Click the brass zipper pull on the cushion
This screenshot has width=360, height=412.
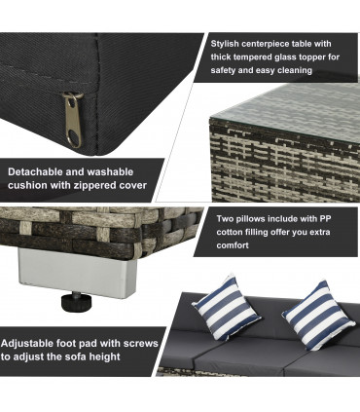[x=72, y=120]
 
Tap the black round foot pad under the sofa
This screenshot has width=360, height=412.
[x=77, y=301]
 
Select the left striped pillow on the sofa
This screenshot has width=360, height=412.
[x=227, y=308]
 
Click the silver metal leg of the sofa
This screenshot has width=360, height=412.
[x=77, y=273]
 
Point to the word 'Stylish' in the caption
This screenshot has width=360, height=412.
[x=225, y=44]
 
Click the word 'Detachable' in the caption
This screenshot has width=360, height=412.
[x=35, y=171]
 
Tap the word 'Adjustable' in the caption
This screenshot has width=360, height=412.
[x=27, y=343]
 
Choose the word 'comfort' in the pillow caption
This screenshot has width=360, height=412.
[x=233, y=245]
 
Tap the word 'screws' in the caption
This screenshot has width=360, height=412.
[x=141, y=343]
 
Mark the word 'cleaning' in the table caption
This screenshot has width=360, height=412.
[x=295, y=70]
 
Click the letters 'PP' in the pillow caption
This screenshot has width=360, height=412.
[x=325, y=218]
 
